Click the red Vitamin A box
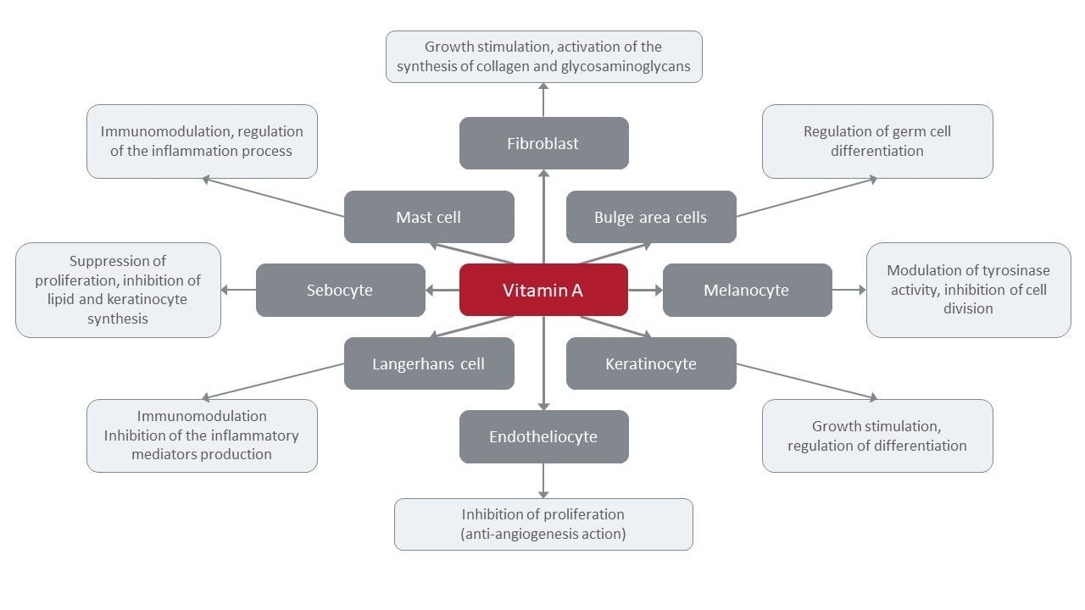click(543, 290)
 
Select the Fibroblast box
click(543, 143)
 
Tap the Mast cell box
click(429, 217)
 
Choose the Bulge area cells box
click(650, 217)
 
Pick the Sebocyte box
click(340, 290)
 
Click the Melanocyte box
click(747, 290)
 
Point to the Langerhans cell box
click(429, 363)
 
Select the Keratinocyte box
click(650, 363)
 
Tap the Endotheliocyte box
click(543, 436)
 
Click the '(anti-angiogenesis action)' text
click(543, 533)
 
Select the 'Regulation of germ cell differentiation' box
click(877, 141)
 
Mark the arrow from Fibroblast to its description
click(543, 99)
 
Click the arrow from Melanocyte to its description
click(849, 290)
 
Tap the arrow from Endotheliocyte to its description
click(543, 481)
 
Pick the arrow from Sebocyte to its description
click(238, 290)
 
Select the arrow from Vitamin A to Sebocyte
click(442, 290)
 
